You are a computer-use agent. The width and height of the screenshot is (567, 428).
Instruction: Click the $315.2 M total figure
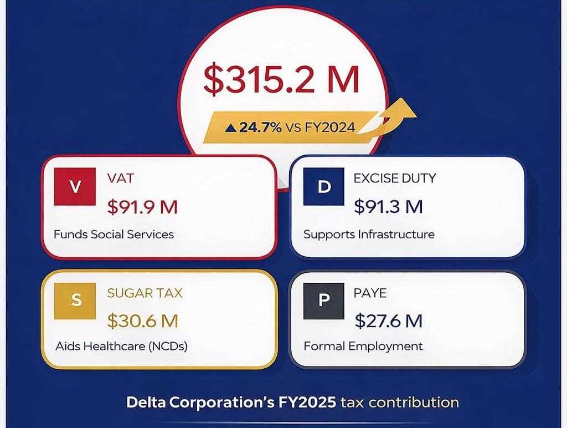pyautogui.click(x=281, y=79)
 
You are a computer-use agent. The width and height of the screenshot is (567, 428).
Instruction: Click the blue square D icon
pyautogui.click(x=324, y=187)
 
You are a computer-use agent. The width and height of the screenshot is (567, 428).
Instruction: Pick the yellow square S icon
pyautogui.click(x=76, y=300)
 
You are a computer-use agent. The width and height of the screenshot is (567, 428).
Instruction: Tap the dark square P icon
pyautogui.click(x=324, y=300)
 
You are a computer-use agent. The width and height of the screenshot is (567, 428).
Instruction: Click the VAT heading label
pyautogui.click(x=120, y=179)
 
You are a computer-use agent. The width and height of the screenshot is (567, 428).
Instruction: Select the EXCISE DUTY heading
pyautogui.click(x=395, y=179)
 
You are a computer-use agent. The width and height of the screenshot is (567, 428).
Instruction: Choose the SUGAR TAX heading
pyautogui.click(x=145, y=293)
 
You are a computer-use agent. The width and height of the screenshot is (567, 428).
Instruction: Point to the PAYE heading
pyautogui.click(x=370, y=293)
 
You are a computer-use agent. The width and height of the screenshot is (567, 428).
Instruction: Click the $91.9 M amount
pyautogui.click(x=142, y=207)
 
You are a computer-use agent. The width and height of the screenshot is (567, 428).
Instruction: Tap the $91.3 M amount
pyautogui.click(x=388, y=207)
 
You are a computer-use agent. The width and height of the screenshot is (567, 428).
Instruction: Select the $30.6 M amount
pyautogui.click(x=142, y=320)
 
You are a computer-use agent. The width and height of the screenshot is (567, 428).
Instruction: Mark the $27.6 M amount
pyautogui.click(x=388, y=320)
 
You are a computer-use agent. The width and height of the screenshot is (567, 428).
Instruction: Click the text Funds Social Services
pyautogui.click(x=114, y=234)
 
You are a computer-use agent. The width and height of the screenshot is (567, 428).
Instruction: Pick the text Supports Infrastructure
pyautogui.click(x=369, y=234)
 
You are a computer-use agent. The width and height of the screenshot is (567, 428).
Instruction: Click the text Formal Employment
pyautogui.click(x=363, y=347)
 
